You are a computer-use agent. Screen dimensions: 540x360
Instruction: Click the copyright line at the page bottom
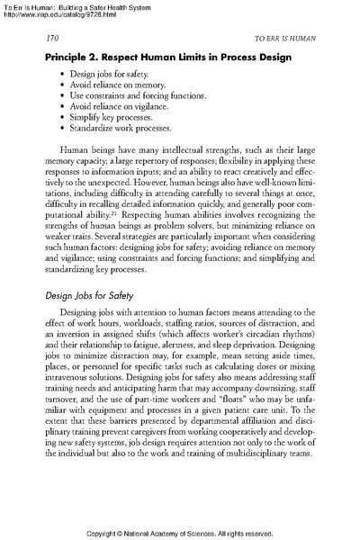click(180, 532)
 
